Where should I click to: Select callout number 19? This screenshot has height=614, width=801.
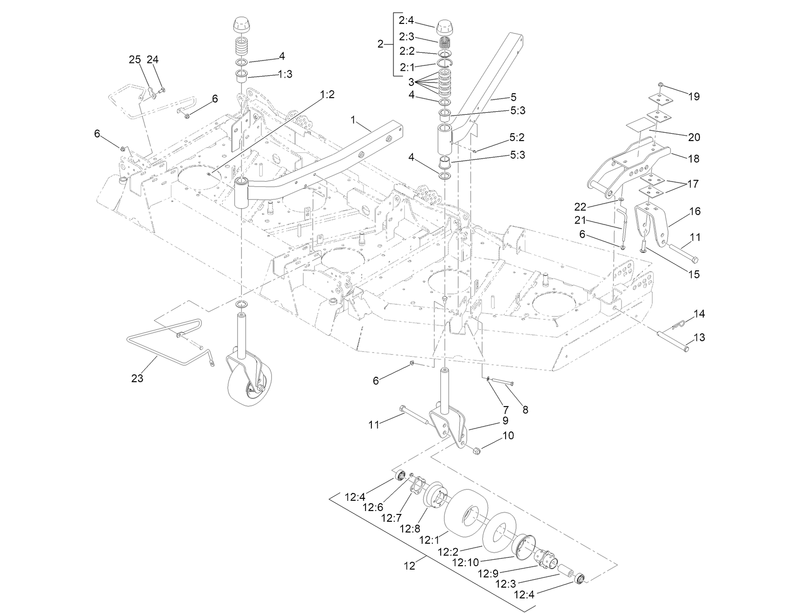click(x=693, y=97)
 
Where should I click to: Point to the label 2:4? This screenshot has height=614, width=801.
click(x=407, y=21)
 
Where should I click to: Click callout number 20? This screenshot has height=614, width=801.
click(x=693, y=138)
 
